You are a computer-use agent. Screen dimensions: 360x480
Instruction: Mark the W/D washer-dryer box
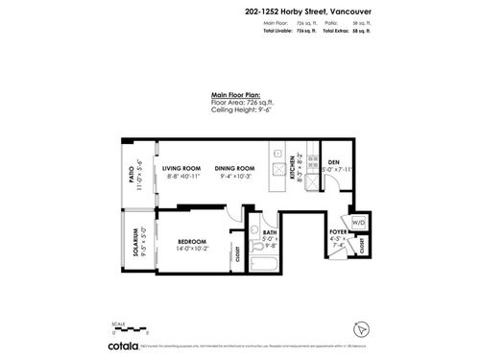tap(359, 223)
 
